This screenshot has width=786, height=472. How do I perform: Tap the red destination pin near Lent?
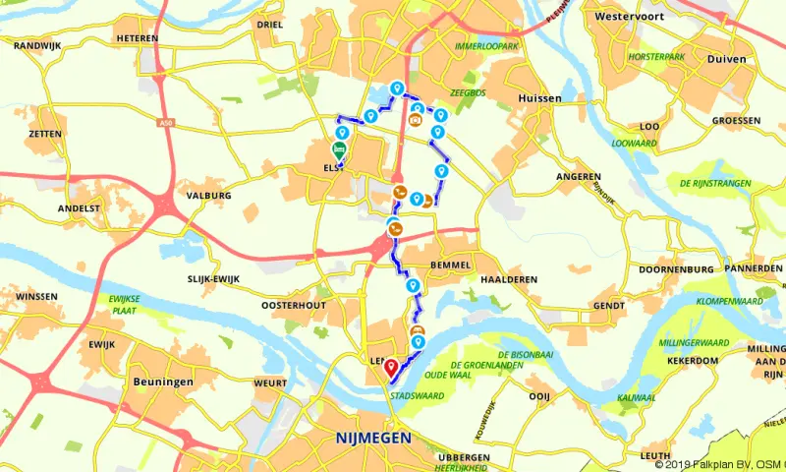[x=390, y=368]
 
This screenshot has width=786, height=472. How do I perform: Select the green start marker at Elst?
[x=339, y=150]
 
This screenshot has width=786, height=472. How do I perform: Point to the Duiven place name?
[x=726, y=59]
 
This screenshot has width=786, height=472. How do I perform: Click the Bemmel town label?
[x=450, y=265]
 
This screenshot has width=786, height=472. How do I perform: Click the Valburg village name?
[x=207, y=196]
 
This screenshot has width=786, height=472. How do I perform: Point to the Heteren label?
[x=137, y=38]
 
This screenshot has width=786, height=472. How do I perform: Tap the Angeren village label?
[x=579, y=177]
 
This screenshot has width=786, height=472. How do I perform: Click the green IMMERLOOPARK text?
[x=486, y=46]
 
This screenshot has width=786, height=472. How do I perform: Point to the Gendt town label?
[x=608, y=306]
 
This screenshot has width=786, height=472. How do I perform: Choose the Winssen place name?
[x=36, y=296]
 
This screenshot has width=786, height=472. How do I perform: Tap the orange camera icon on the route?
[x=417, y=120]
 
